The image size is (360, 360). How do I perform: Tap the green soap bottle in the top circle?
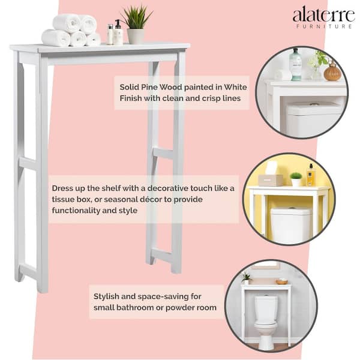[x=295, y=64]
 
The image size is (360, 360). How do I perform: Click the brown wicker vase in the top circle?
[x=332, y=72]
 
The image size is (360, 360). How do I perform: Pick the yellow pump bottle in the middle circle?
[x=311, y=176]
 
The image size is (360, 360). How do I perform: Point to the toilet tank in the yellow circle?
[x=291, y=225]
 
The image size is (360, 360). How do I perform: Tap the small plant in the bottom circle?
[x=246, y=278]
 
